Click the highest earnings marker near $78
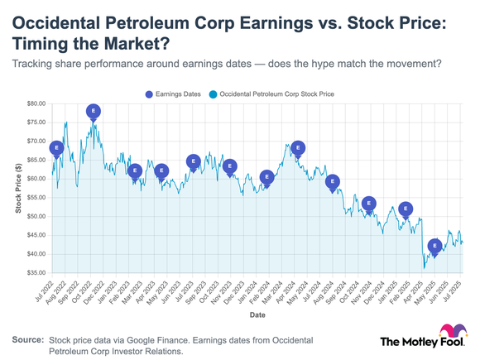coord(94,111)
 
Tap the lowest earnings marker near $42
coord(435,246)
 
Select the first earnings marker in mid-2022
coord(56,148)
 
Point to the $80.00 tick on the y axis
coord(35,104)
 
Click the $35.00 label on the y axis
coord(35,273)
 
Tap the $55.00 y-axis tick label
coord(35,198)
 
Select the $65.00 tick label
coord(35,161)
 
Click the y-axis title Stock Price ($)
coord(18,188)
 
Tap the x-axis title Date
coord(257,315)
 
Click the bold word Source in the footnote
coord(26,340)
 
